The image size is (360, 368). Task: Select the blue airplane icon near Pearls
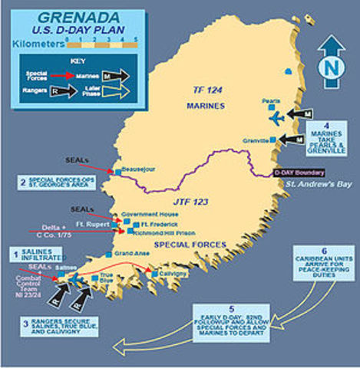point(276,117)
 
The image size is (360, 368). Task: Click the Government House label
point(150,216)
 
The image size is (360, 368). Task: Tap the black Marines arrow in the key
point(114,77)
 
